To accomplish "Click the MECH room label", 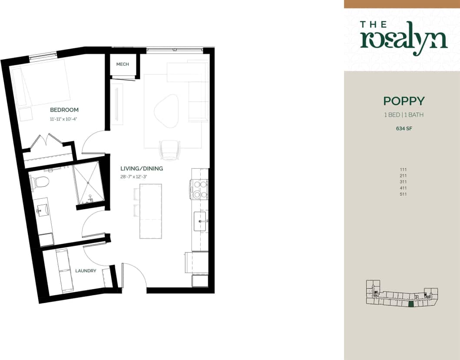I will click(122, 64).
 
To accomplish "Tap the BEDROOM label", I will click(64, 110).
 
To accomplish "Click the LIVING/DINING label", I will click(141, 168).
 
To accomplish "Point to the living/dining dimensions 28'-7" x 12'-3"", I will click(141, 176).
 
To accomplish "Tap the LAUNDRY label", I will click(86, 271).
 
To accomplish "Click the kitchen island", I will click(150, 211).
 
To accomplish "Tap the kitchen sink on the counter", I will click(201, 221).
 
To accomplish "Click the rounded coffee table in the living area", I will click(166, 111).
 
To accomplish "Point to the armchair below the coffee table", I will click(169, 150).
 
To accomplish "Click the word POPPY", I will click(404, 101).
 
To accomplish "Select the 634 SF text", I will click(404, 128).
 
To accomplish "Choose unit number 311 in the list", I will click(404, 182).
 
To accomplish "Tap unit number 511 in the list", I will click(404, 194).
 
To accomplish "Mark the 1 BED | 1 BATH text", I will click(404, 115).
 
